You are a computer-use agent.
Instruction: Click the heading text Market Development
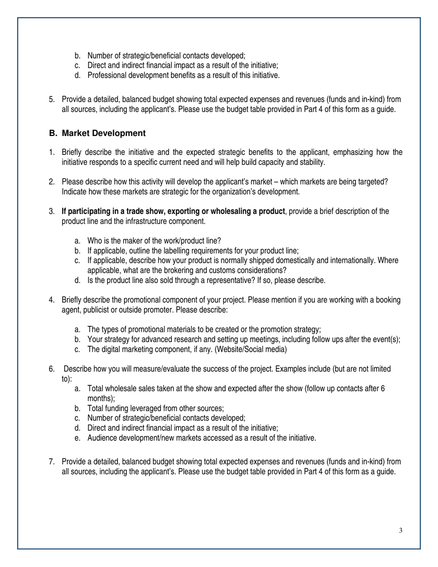(x=104, y=133)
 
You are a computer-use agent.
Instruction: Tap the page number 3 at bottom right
(x=401, y=531)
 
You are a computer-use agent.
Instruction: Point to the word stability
(x=312, y=162)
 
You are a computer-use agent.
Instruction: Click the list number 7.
(x=52, y=462)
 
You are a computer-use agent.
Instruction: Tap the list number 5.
(x=52, y=99)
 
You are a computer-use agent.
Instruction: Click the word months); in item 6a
(x=101, y=398)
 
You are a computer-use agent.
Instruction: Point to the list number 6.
(x=52, y=369)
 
